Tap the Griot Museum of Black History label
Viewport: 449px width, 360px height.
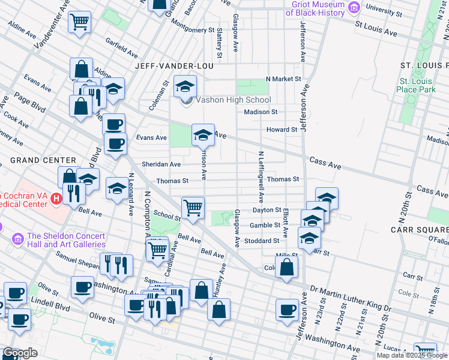coord(315,8)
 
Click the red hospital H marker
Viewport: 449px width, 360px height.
coord(56,197)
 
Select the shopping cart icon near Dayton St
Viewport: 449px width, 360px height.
coord(193,208)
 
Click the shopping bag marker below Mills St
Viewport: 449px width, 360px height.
coord(287,266)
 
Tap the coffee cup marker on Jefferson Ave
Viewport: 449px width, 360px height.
coord(287,310)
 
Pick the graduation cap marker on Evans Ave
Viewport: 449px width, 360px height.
coord(203,134)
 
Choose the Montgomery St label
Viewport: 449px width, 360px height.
coord(193,29)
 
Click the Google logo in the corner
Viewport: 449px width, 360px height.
coord(20,353)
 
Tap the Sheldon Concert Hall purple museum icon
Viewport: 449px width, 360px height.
coord(17,240)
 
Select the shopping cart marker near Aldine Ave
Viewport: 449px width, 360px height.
coord(79,23)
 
